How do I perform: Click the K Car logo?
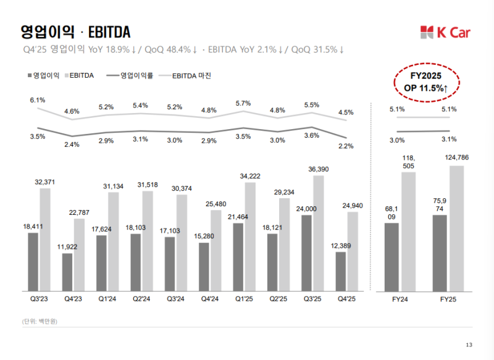tap(446, 31)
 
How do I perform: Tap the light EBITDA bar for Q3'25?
tap(318, 233)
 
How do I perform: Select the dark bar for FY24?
tap(391, 257)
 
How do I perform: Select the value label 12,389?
tap(341, 246)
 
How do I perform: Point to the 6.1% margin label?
tap(37, 99)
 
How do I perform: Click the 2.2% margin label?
tap(346, 146)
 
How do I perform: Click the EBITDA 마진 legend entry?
tap(193, 76)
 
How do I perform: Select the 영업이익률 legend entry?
tap(138, 76)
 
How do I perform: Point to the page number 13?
tap(469, 345)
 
